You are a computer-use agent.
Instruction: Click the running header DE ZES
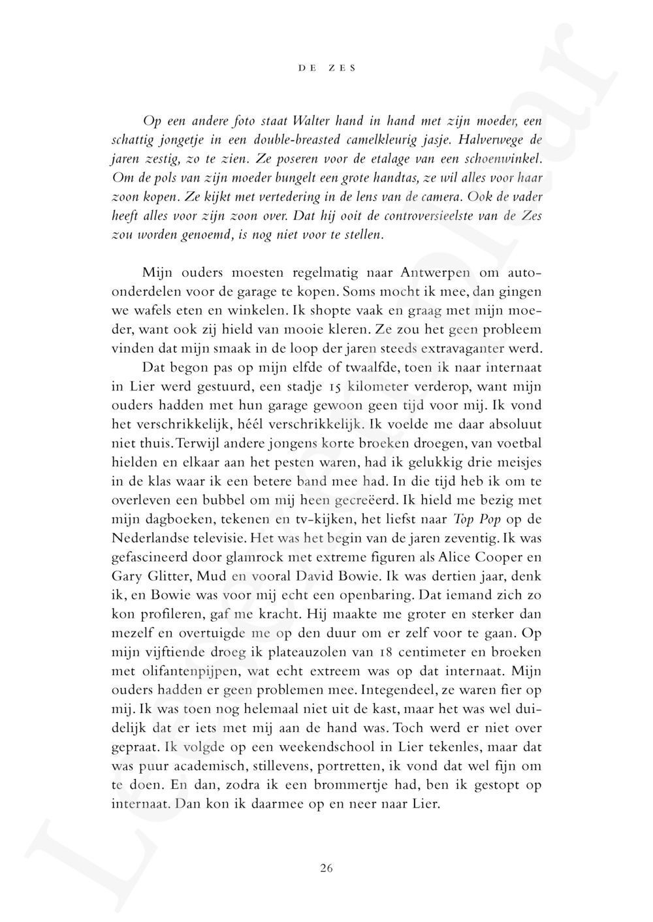[x=327, y=68]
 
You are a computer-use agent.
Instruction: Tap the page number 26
[x=327, y=868]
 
